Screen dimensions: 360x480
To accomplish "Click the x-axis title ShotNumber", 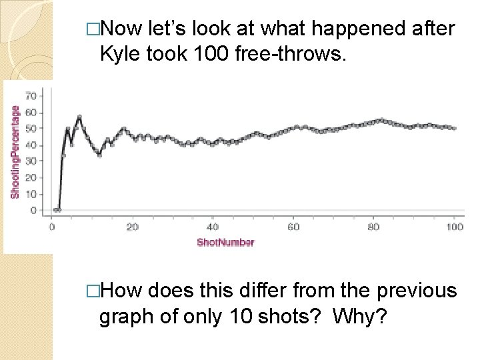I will pos(225,242).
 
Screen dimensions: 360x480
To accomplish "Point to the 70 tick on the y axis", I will pos(31,96).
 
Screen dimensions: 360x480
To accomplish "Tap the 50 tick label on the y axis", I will pos(31,129).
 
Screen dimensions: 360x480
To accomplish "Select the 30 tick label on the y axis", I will pos(31,161).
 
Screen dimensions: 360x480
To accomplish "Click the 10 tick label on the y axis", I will pos(31,194).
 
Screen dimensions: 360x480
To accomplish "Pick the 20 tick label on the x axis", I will pos(133,227).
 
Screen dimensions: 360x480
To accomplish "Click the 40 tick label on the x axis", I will pos(213,227).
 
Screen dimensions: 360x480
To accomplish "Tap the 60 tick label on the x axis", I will pos(293,227).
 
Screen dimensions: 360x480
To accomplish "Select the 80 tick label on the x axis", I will pos(374,227).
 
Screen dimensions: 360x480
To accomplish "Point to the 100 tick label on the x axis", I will pos(454,227).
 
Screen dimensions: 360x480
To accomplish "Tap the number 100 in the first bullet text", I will pos(209,55).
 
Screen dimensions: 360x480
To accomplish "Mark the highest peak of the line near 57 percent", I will pos(79,117).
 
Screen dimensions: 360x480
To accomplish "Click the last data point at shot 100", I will pos(455,128).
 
